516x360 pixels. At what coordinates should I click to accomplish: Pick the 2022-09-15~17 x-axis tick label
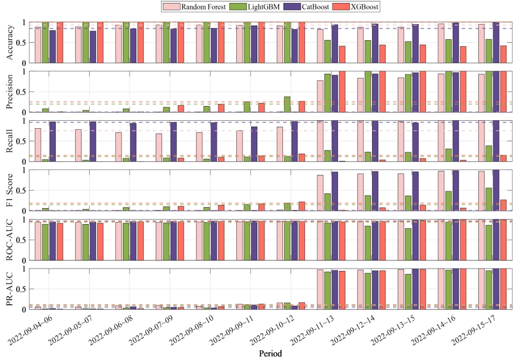pyautogui.click(x=473, y=330)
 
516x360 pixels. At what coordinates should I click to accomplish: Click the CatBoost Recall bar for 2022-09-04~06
pyautogui.click(x=53, y=142)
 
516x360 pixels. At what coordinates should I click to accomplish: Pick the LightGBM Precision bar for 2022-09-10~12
pyautogui.click(x=287, y=105)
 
